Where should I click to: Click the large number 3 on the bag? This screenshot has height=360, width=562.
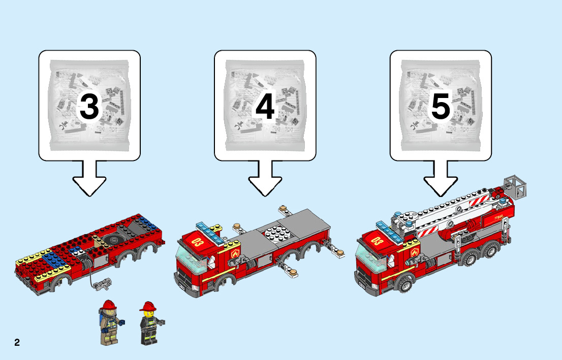(89, 107)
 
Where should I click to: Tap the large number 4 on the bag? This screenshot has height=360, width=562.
(265, 107)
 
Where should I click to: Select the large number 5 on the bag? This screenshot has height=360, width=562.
(441, 107)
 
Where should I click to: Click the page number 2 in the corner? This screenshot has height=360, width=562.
(17, 342)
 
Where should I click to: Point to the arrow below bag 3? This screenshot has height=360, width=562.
(89, 178)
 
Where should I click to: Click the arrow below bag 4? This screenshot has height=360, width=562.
(265, 178)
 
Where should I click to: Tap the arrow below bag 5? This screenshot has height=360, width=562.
(441, 178)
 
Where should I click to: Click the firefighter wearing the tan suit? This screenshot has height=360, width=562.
(110, 323)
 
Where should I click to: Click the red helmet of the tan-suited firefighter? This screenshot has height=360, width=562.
(109, 305)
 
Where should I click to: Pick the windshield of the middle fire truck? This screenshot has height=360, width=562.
(190, 259)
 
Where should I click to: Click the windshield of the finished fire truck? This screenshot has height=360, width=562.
(370, 258)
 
